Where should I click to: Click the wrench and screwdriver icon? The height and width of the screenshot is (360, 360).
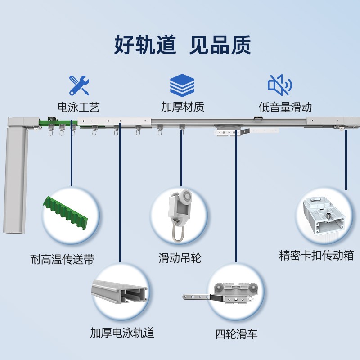tap(79, 85)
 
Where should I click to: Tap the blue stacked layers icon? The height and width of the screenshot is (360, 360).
tap(182, 85)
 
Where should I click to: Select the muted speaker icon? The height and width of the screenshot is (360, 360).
tap(279, 85)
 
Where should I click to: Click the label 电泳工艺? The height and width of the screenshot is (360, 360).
tap(79, 108)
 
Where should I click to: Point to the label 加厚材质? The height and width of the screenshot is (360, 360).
tap(183, 108)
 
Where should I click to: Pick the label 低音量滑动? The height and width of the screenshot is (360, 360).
tap(285, 108)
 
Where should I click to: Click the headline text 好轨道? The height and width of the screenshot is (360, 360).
tap(145, 45)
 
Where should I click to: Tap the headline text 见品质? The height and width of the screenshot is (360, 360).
tap(220, 45)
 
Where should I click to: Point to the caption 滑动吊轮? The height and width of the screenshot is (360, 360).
tap(180, 258)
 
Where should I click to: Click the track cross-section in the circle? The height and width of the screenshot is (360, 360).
tap(120, 293)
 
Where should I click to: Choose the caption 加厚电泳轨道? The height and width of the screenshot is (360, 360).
tap(122, 333)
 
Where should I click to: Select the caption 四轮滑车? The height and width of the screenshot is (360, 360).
tap(236, 334)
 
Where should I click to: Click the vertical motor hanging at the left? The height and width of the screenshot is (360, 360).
tap(17, 180)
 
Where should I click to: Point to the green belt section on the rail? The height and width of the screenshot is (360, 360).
tap(55, 122)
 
